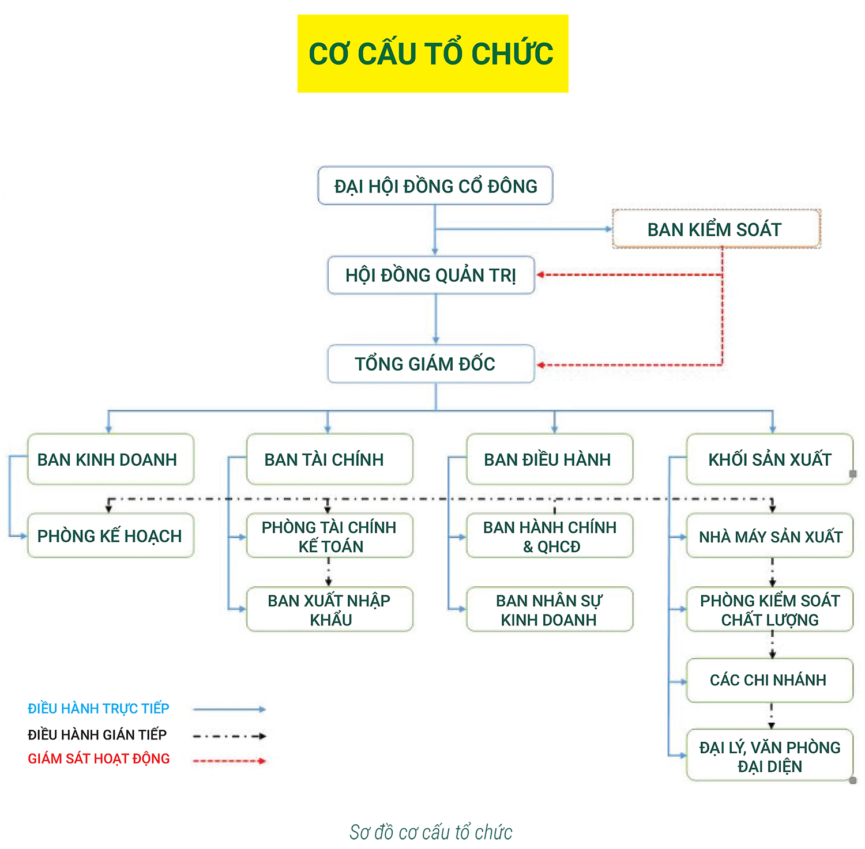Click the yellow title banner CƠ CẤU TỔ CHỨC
[x=432, y=54]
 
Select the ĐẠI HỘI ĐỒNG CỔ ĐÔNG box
[x=435, y=186]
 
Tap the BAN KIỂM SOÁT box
[x=716, y=229]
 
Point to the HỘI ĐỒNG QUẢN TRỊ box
[x=431, y=275]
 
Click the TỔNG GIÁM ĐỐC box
[x=431, y=364]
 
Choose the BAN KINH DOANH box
[x=111, y=459]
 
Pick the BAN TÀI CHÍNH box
[x=329, y=459]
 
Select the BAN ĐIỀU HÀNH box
[x=549, y=459]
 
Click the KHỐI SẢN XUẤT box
[x=769, y=459]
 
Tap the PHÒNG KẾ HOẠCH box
[x=111, y=535]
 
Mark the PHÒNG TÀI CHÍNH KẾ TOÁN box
[x=329, y=536]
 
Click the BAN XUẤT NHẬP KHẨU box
[x=329, y=609]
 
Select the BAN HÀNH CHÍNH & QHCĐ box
[x=549, y=536]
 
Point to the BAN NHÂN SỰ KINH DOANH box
[x=549, y=609]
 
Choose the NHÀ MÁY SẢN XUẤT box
[x=769, y=536]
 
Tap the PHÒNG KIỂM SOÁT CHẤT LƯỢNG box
[x=769, y=609]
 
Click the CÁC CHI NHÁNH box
[x=769, y=680]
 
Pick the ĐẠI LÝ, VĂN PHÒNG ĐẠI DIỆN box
[x=769, y=756]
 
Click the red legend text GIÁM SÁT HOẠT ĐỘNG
[x=99, y=759]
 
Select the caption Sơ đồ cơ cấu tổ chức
[x=431, y=832]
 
